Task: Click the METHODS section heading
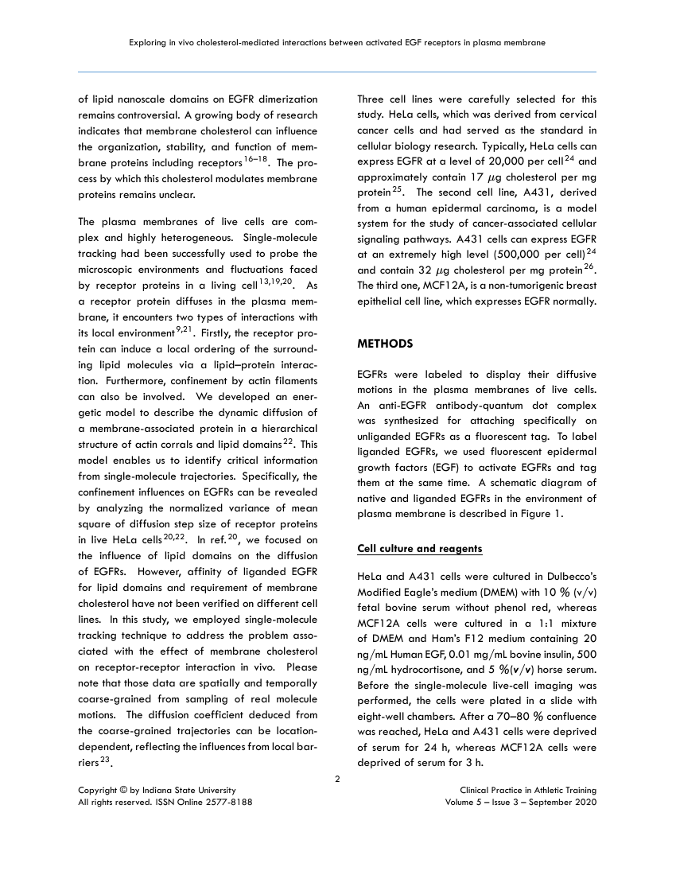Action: [386, 344]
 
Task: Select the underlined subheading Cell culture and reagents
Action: [419, 549]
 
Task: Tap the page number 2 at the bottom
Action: [337, 779]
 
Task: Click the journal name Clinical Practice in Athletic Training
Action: [528, 790]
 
